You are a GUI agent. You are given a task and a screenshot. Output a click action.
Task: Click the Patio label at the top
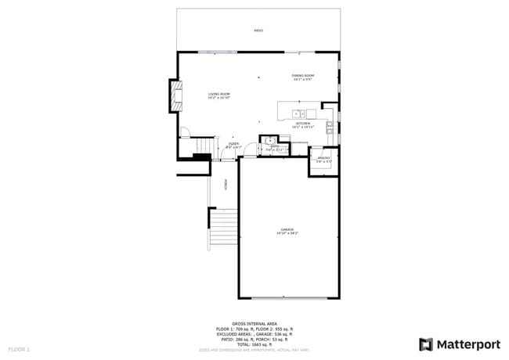tap(258, 31)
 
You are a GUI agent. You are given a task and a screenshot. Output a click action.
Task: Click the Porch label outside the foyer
tap(226, 185)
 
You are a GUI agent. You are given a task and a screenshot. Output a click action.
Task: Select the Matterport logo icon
tap(426, 344)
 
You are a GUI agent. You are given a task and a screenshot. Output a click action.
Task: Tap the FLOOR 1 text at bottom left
tap(19, 348)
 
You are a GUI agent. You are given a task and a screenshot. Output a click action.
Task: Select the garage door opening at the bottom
tap(288, 298)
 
